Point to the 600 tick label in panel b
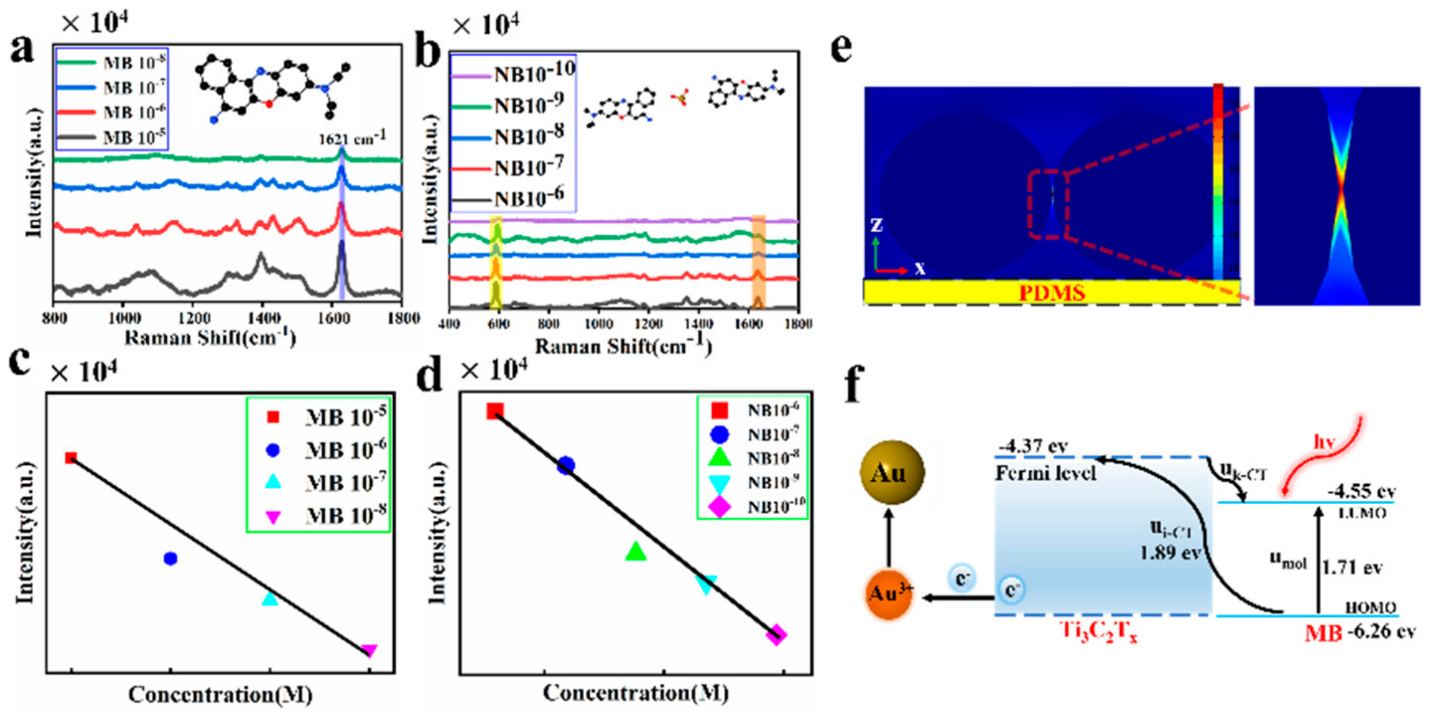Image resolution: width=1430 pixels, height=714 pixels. click(499, 324)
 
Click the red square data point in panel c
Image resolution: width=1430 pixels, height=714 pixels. click(71, 458)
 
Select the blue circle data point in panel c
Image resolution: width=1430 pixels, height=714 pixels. click(171, 558)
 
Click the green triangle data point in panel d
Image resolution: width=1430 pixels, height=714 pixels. click(636, 551)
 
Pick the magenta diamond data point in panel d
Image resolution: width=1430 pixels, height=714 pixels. click(776, 635)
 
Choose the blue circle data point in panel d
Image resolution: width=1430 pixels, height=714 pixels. click(566, 465)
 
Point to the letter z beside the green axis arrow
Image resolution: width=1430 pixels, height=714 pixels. click(877, 225)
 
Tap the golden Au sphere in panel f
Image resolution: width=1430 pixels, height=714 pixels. click(892, 472)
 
